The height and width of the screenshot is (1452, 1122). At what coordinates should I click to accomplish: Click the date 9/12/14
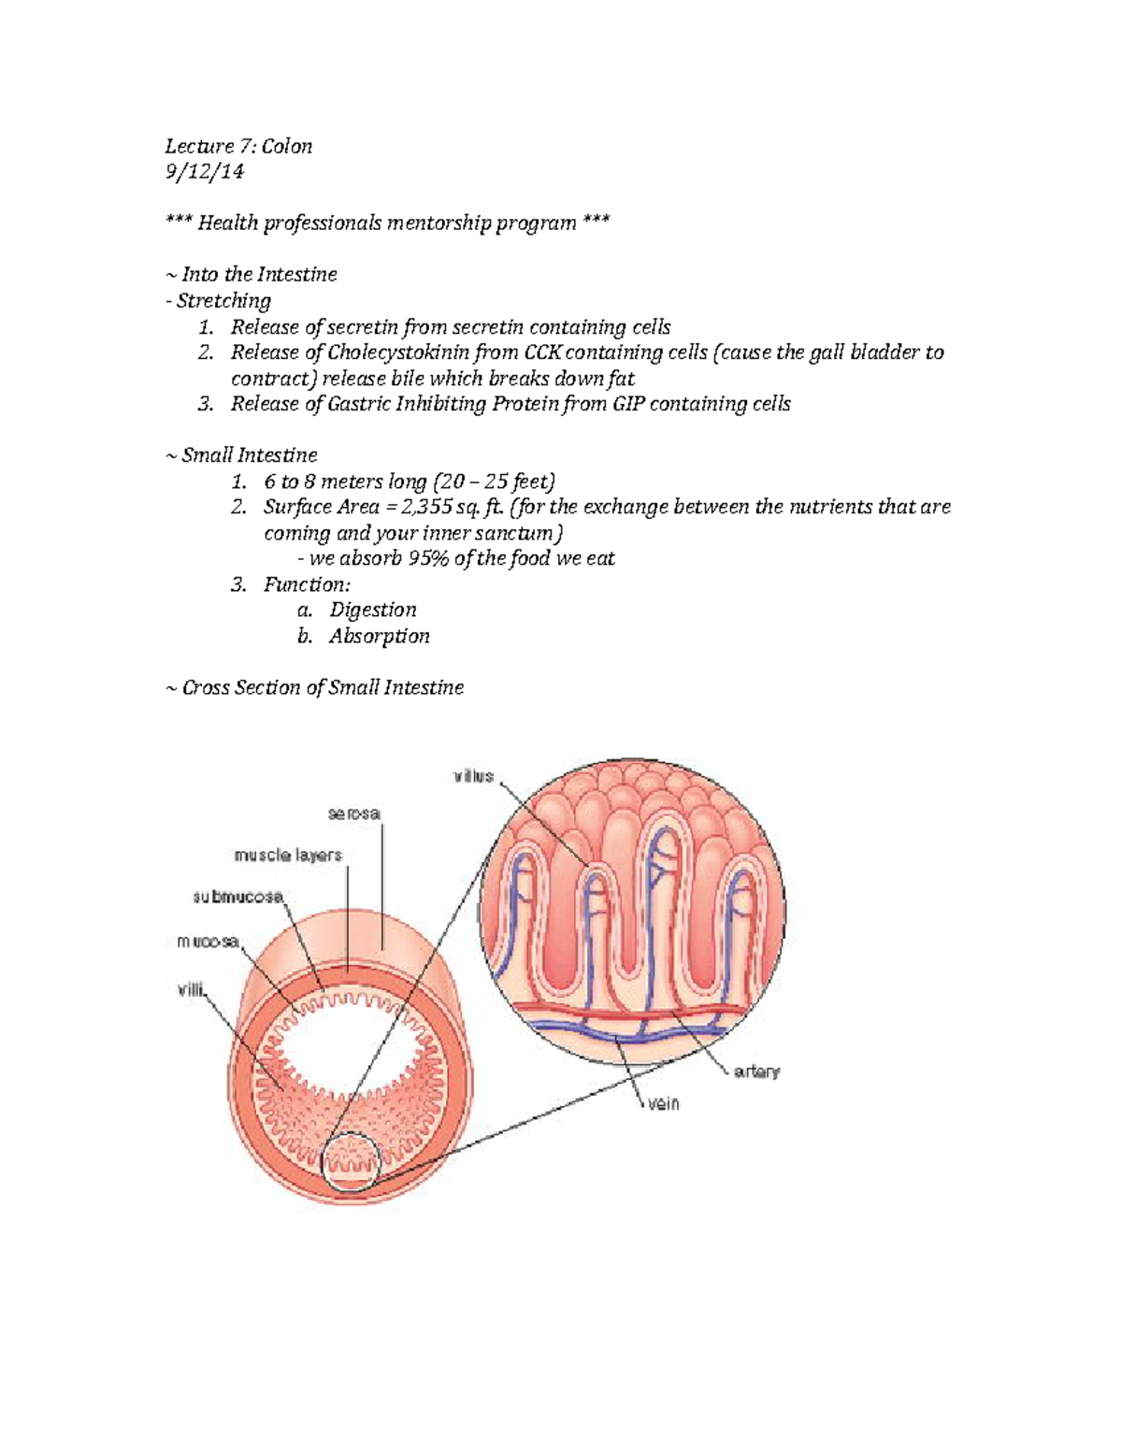click(204, 171)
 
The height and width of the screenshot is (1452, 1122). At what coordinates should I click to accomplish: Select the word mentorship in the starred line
click(430, 223)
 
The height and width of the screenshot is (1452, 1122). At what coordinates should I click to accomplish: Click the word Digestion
click(372, 610)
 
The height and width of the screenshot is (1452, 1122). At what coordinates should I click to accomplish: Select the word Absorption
click(379, 636)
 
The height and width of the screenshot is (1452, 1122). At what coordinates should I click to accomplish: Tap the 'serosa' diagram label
click(353, 813)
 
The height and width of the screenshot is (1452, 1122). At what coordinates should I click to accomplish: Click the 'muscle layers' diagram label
click(288, 855)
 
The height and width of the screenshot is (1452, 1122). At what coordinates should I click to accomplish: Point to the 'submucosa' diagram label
click(237, 897)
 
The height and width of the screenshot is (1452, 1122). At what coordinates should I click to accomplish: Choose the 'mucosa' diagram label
click(208, 942)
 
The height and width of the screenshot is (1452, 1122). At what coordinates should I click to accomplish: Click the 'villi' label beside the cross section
click(191, 988)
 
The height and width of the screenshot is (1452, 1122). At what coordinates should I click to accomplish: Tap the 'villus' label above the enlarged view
click(473, 776)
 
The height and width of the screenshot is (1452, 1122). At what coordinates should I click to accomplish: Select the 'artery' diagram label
click(756, 1071)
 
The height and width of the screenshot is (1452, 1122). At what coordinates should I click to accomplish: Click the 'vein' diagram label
click(663, 1103)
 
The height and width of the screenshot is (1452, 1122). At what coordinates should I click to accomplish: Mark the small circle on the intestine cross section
click(352, 1162)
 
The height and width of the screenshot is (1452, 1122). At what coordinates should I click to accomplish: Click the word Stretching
click(223, 300)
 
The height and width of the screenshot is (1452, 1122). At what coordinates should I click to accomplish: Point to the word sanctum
click(520, 533)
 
